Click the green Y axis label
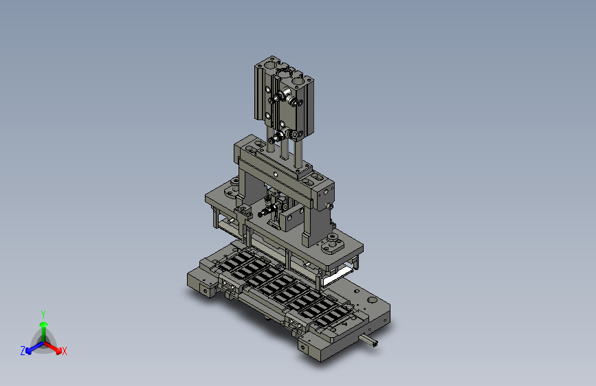(43, 315)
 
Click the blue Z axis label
(23, 351)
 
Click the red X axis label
(64, 351)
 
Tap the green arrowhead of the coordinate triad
(44, 325)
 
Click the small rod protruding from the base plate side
(368, 340)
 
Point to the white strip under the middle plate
(336, 276)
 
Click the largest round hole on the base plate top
(373, 301)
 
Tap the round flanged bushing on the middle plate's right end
(333, 242)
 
